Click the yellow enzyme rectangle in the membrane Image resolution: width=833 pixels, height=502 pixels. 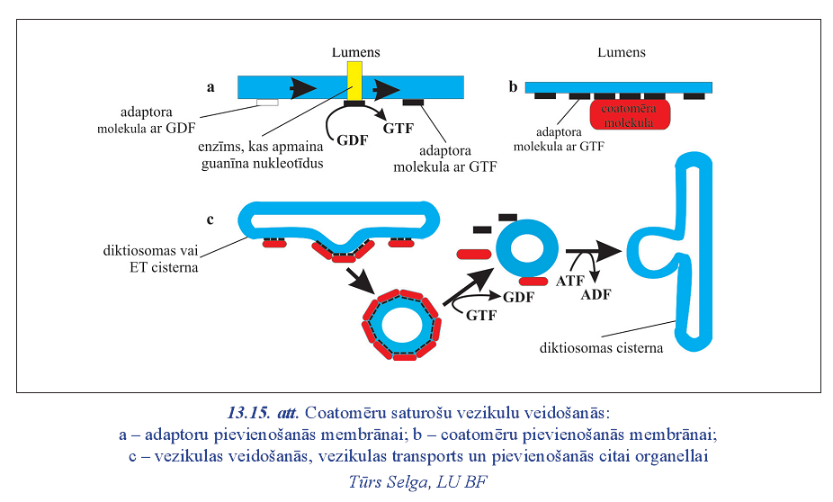pyautogui.click(x=354, y=81)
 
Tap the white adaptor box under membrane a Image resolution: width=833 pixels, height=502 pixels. pyautogui.click(x=267, y=102)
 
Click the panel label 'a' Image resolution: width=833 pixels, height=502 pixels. pyautogui.click(x=211, y=87)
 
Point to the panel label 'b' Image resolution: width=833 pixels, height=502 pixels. pyautogui.click(x=513, y=87)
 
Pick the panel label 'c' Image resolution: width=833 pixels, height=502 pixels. pyautogui.click(x=210, y=220)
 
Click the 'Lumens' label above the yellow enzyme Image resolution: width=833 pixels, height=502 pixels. pyautogui.click(x=354, y=52)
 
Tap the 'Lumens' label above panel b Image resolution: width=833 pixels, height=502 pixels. pyautogui.click(x=622, y=52)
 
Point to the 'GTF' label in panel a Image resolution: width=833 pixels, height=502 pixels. pyautogui.click(x=399, y=129)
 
